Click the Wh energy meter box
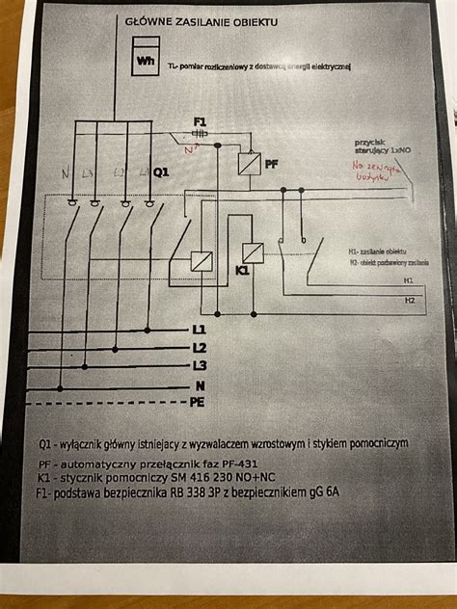click(x=148, y=59)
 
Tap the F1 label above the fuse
click(x=201, y=120)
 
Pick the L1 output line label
click(x=200, y=330)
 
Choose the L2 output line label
click(x=200, y=347)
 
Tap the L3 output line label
click(x=200, y=364)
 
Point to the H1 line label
click(x=409, y=280)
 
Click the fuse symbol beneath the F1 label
click(x=201, y=134)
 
